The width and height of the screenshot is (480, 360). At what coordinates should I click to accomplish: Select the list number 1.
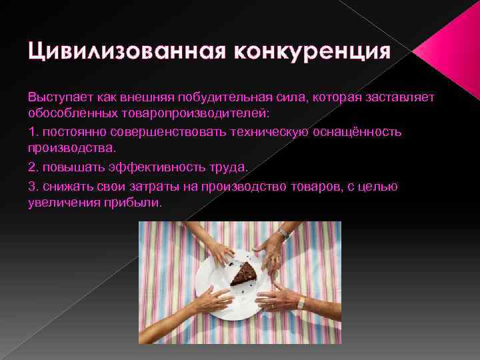point(32,131)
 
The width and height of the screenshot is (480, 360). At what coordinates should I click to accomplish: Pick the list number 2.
point(32,167)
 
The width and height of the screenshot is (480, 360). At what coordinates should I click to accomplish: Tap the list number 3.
point(32,186)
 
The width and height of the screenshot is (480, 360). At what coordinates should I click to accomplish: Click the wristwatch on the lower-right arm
point(301,302)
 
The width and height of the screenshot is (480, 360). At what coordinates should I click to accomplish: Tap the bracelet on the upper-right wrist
point(284,233)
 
